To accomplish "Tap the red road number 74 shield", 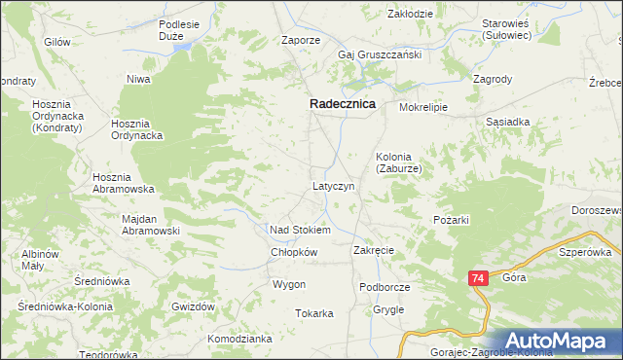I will tap(477, 278).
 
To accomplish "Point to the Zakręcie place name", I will tap(374, 250).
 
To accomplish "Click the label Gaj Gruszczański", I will tap(380, 54).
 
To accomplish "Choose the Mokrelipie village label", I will tap(422, 108).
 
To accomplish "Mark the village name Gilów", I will tap(57, 42).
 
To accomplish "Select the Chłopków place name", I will tap(295, 251).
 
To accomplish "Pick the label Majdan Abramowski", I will tap(152, 225).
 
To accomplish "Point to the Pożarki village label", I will tap(452, 220).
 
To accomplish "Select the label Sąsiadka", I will tap(507, 123).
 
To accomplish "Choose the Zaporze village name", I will tap(301, 41).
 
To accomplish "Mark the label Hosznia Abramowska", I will tap(124, 183).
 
